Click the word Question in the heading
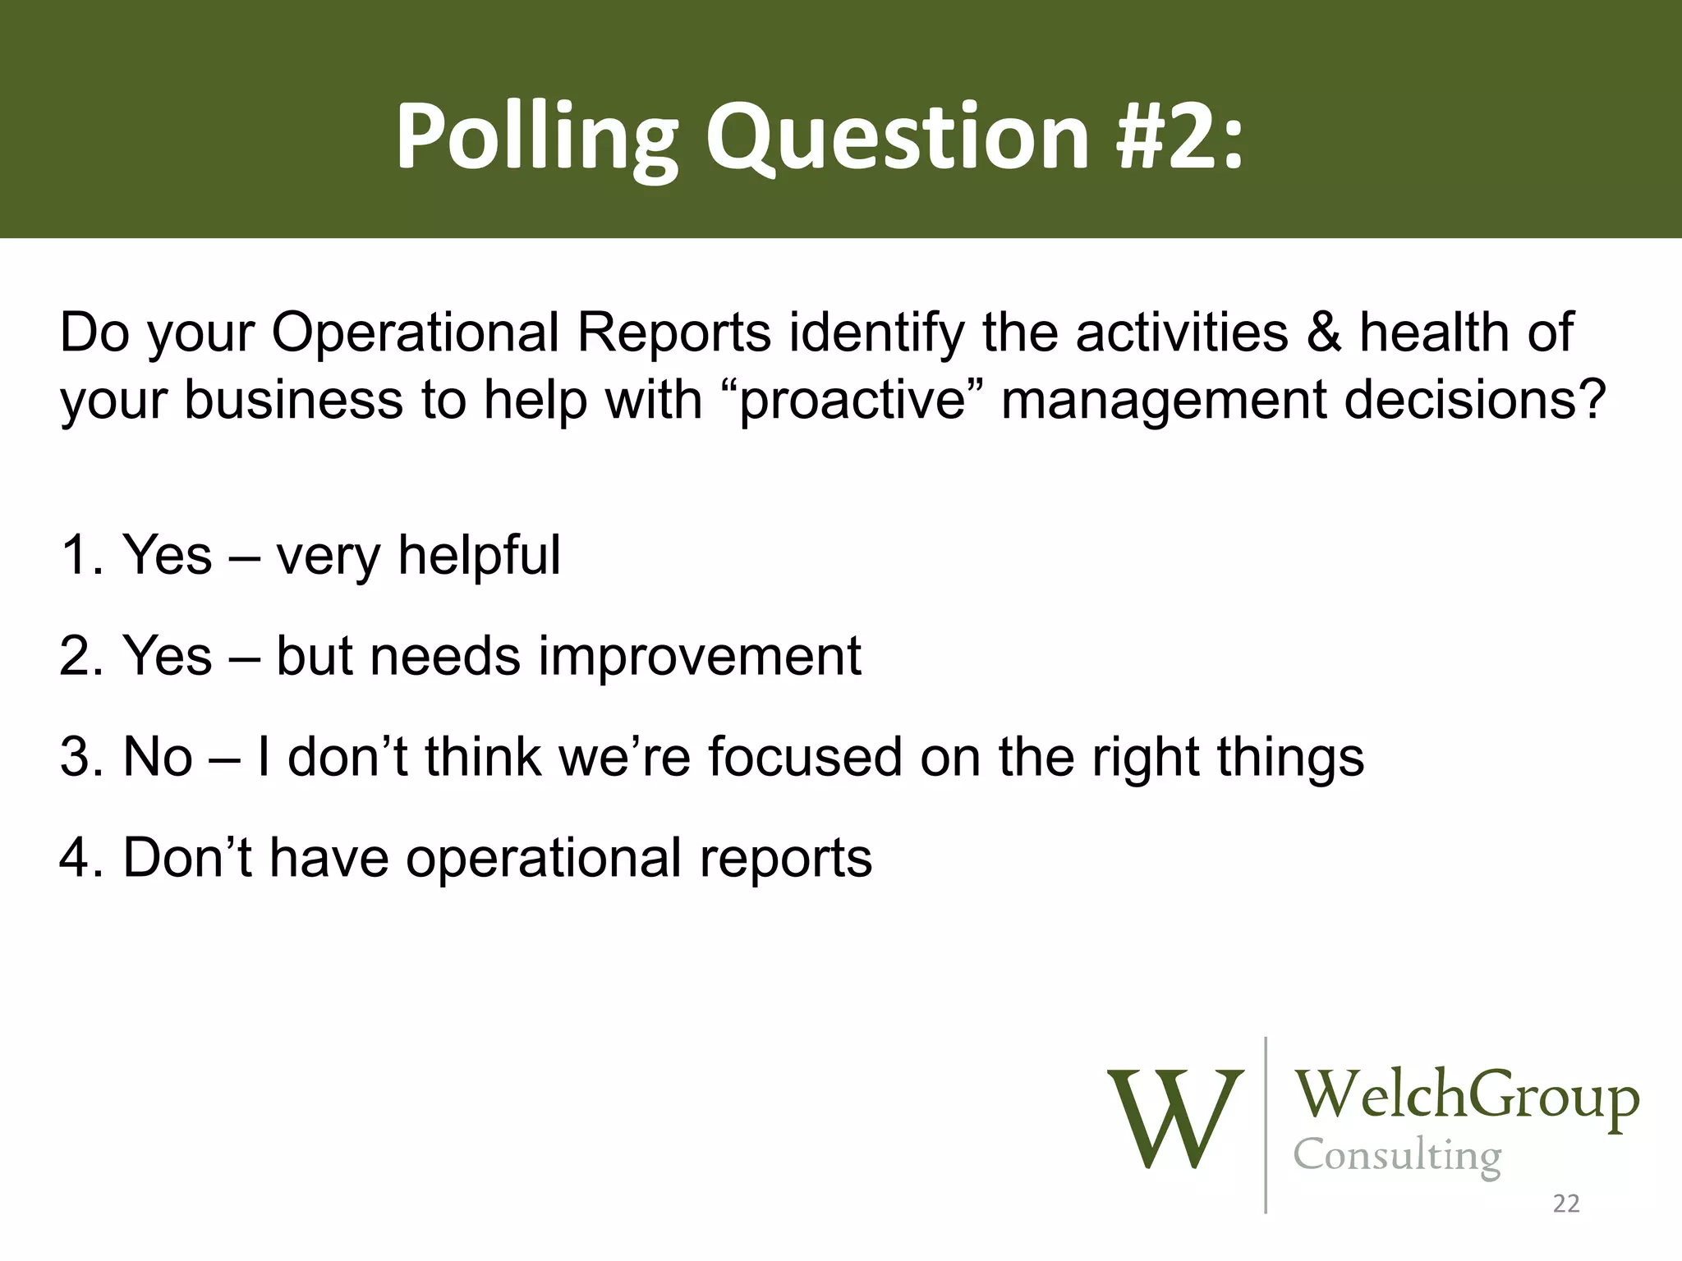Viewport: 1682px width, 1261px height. click(897, 138)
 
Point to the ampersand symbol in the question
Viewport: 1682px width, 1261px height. click(1323, 332)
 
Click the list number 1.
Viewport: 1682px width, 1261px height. click(80, 555)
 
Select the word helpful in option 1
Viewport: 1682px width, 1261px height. click(479, 555)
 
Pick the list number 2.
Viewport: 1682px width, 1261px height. click(80, 656)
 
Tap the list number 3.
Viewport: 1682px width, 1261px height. click(80, 756)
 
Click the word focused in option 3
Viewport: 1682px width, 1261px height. click(805, 756)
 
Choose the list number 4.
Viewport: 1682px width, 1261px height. click(80, 857)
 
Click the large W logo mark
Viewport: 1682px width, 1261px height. click(1175, 1118)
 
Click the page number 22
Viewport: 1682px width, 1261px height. click(1566, 1204)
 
